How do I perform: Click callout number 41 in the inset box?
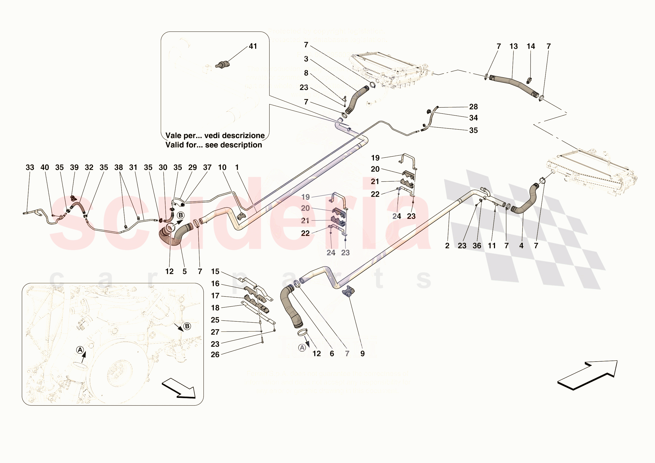point(253,46)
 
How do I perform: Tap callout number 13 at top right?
point(513,46)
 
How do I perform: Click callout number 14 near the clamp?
point(531,46)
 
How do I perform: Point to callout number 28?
point(473,107)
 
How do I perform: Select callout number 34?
point(473,118)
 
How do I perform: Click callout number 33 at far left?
point(30,168)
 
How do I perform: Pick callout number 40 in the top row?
point(45,168)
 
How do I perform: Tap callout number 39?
point(74,168)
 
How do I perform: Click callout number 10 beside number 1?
point(222,168)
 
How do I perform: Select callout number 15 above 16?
point(215,272)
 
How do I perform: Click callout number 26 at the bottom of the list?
point(215,355)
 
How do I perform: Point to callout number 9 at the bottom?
point(362,354)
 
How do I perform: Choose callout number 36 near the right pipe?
point(477,246)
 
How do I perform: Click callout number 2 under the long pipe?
point(447,246)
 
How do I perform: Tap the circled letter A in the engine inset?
point(80,350)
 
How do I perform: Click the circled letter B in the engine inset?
point(187,326)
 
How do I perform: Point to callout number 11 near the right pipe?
point(492,246)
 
